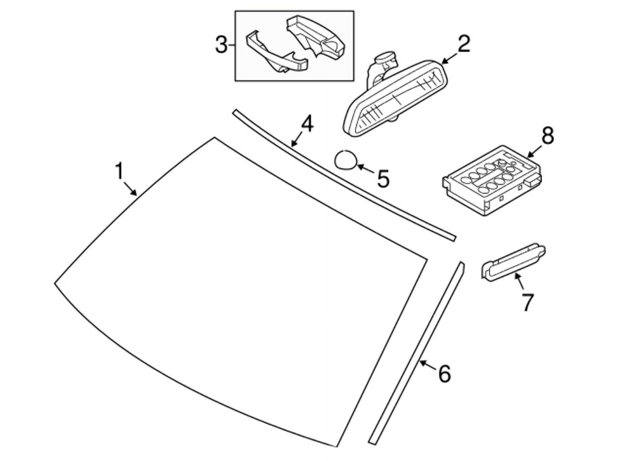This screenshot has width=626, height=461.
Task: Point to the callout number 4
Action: tap(307, 123)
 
